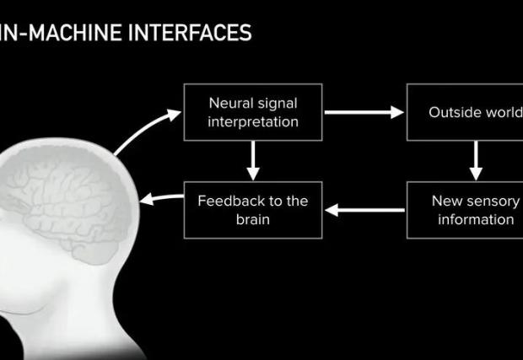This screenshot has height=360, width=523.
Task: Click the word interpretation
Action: pyautogui.click(x=253, y=122)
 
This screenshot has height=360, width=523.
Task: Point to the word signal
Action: pyautogui.click(x=278, y=104)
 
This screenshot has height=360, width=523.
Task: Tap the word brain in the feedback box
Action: pyautogui.click(x=253, y=220)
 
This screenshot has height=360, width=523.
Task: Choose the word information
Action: pyautogui.click(x=476, y=220)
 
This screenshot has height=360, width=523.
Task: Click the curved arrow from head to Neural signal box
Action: pyautogui.click(x=143, y=129)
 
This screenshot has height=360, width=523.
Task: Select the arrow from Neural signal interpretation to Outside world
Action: pyautogui.click(x=364, y=112)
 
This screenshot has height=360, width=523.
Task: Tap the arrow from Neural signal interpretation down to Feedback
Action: pyautogui.click(x=253, y=161)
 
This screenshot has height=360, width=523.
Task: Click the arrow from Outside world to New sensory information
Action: pyautogui.click(x=476, y=161)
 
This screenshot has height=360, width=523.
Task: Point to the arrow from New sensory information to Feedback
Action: pyautogui.click(x=364, y=210)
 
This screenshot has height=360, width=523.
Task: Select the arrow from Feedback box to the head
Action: pyautogui.click(x=162, y=198)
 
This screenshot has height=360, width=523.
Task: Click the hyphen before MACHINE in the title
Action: pyautogui.click(x=22, y=34)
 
